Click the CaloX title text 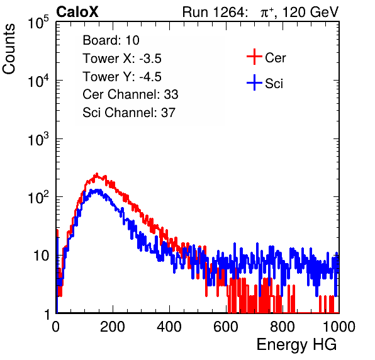pos(77,12)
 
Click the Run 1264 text pos(214,12)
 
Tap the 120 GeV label pos(310,12)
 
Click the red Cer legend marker pos(254,57)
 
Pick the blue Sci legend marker pos(254,82)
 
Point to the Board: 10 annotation pos(111,40)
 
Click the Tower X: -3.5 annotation pos(122,59)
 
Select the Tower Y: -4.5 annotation pos(122,77)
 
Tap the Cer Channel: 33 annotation pos(130,94)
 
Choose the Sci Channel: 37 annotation pos(129,113)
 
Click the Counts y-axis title pos(9,49)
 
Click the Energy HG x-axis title pos(296,345)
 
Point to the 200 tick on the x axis pos(113,327)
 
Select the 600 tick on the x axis pos(226,327)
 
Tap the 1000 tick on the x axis pos(339,327)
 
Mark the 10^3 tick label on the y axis pos(38,138)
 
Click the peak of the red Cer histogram pos(97,174)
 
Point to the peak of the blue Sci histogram pos(98,189)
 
